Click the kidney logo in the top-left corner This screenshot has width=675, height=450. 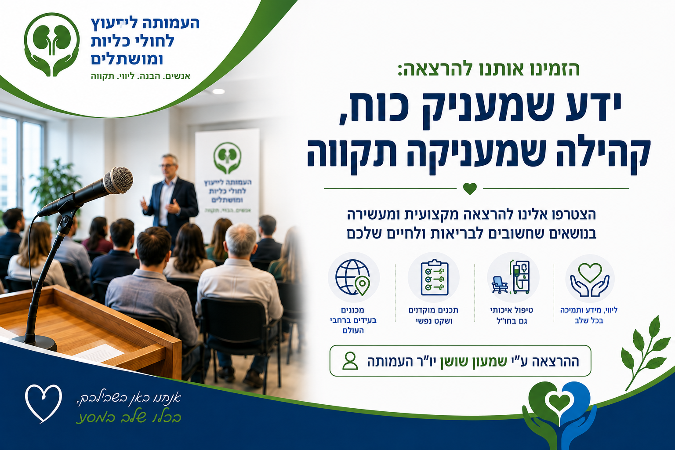coord(52,44)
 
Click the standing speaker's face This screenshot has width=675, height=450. coord(169,166)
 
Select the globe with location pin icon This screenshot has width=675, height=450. coord(353,277)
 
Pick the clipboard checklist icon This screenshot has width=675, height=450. coord(434,277)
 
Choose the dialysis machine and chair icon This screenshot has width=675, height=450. coord(511,277)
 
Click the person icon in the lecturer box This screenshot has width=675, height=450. coord(350,361)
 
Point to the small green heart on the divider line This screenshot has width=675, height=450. coord(470,189)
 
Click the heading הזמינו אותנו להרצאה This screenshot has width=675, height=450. coord(489,69)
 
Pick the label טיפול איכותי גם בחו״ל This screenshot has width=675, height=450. coord(512,315)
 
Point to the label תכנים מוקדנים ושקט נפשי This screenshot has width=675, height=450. coord(434,315)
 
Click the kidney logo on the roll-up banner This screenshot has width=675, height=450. coord(227,158)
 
